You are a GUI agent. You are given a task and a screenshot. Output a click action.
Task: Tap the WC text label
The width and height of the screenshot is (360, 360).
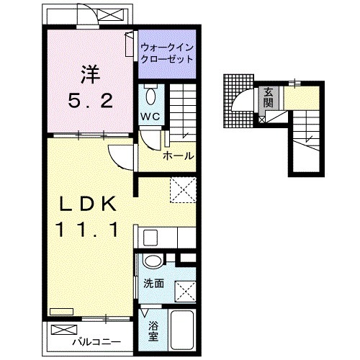point(150,117)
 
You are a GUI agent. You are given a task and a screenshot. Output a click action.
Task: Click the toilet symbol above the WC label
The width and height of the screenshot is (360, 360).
point(150,96)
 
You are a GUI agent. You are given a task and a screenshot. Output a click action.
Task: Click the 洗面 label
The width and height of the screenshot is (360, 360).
point(153,284)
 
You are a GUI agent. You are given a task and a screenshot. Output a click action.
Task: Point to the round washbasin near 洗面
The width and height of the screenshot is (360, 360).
point(152,263)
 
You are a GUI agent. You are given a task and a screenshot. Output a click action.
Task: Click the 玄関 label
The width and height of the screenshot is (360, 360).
point(268,96)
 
